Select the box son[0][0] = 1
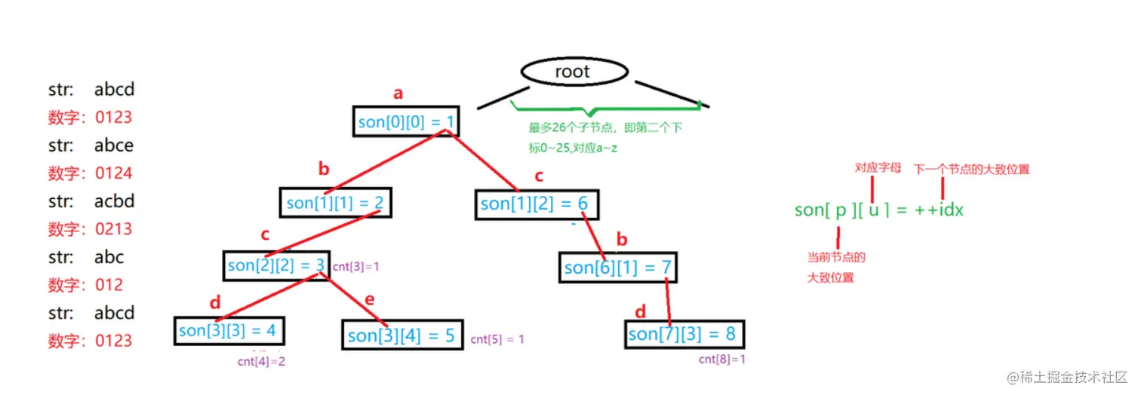(405, 121)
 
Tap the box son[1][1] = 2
(336, 202)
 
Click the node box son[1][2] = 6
(534, 204)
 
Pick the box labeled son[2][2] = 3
(276, 265)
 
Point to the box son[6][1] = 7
(617, 267)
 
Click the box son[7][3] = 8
(683, 333)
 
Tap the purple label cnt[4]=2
(261, 361)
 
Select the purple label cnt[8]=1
(721, 360)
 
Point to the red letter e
(369, 299)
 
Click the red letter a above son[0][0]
(398, 94)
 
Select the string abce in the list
(114, 145)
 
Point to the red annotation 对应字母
(878, 168)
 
